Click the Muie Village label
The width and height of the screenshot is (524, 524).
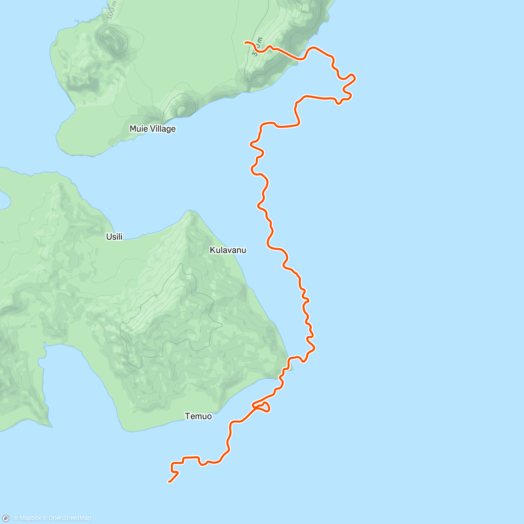152,129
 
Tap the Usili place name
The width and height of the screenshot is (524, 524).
114,237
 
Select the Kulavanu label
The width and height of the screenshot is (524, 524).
228,250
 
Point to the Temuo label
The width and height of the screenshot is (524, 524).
198,416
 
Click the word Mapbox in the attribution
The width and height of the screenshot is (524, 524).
30,518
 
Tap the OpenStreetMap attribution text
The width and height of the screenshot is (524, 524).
69,518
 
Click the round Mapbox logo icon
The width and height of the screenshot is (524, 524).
6,518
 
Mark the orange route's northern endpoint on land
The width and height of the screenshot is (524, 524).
245,42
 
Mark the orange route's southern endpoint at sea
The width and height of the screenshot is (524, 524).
169,482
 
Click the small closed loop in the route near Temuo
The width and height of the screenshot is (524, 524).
263,407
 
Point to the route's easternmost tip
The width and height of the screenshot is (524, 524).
355,78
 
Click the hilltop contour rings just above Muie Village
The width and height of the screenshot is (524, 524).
180,109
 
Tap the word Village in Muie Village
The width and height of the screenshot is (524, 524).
163,129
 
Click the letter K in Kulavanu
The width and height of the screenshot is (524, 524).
212,250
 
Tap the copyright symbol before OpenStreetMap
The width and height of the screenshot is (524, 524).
45,518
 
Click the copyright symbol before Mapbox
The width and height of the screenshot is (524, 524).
16,518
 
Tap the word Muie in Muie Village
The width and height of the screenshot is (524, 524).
139,129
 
